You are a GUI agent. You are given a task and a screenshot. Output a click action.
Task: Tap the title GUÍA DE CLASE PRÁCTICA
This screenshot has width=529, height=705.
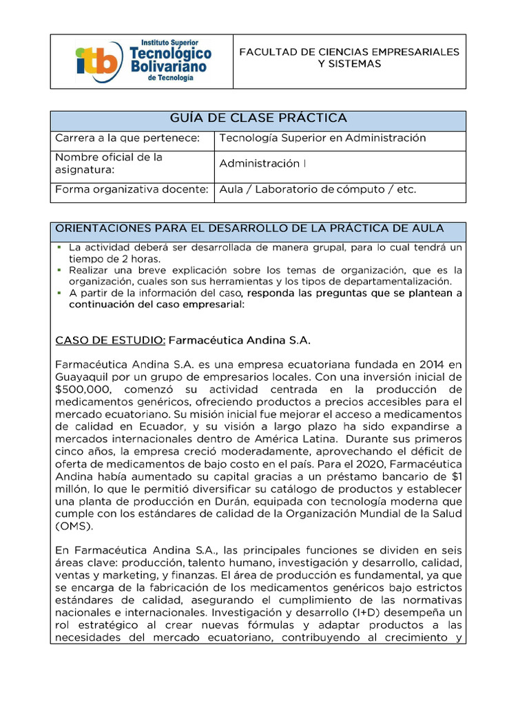tap(258, 118)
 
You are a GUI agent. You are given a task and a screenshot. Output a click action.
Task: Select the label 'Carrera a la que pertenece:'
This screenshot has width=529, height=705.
tap(127, 138)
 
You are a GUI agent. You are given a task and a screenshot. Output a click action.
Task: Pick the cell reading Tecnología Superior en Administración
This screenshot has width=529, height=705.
tap(322, 138)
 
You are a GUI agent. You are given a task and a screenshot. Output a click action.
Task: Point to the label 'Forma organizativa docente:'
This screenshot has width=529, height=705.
tap(131, 189)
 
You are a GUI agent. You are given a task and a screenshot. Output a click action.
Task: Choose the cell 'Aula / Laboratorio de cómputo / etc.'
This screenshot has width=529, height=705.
tap(318, 189)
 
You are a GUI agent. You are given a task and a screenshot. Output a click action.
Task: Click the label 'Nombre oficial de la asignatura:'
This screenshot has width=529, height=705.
tap(108, 163)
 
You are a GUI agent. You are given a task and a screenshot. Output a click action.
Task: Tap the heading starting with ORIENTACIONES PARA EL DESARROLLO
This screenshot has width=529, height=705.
tap(249, 228)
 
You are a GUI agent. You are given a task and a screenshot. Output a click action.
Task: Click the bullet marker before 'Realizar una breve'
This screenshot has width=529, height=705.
tap(60, 270)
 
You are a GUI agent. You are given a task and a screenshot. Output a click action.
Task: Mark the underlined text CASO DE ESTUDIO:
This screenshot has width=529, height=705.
tap(110, 340)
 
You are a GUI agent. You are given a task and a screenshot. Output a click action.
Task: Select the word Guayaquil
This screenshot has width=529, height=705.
tap(80, 377)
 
